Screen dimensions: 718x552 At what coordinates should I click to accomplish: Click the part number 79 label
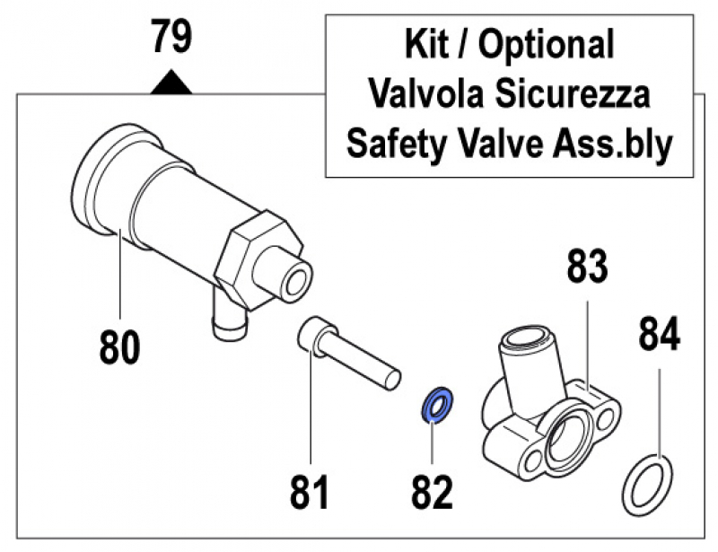point(171,36)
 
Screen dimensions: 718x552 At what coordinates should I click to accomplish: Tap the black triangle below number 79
point(171,83)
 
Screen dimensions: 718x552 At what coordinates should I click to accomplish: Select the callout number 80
point(119,347)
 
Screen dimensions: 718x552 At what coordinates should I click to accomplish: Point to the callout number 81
point(309,493)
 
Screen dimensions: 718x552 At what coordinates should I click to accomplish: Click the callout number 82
point(432,493)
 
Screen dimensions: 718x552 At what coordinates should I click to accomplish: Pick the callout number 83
point(588,266)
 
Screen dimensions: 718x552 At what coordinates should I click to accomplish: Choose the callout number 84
point(660,335)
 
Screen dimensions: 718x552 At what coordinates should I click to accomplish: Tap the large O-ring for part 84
point(647,486)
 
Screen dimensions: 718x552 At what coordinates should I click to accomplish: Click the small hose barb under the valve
point(228,319)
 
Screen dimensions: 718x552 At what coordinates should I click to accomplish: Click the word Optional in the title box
point(547,45)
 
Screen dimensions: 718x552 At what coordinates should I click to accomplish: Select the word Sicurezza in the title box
point(573,94)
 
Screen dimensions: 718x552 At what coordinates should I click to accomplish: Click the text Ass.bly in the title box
point(612,144)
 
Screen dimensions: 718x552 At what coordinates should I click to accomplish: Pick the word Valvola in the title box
point(426,94)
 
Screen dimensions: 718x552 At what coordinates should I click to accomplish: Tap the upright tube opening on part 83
point(527,339)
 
